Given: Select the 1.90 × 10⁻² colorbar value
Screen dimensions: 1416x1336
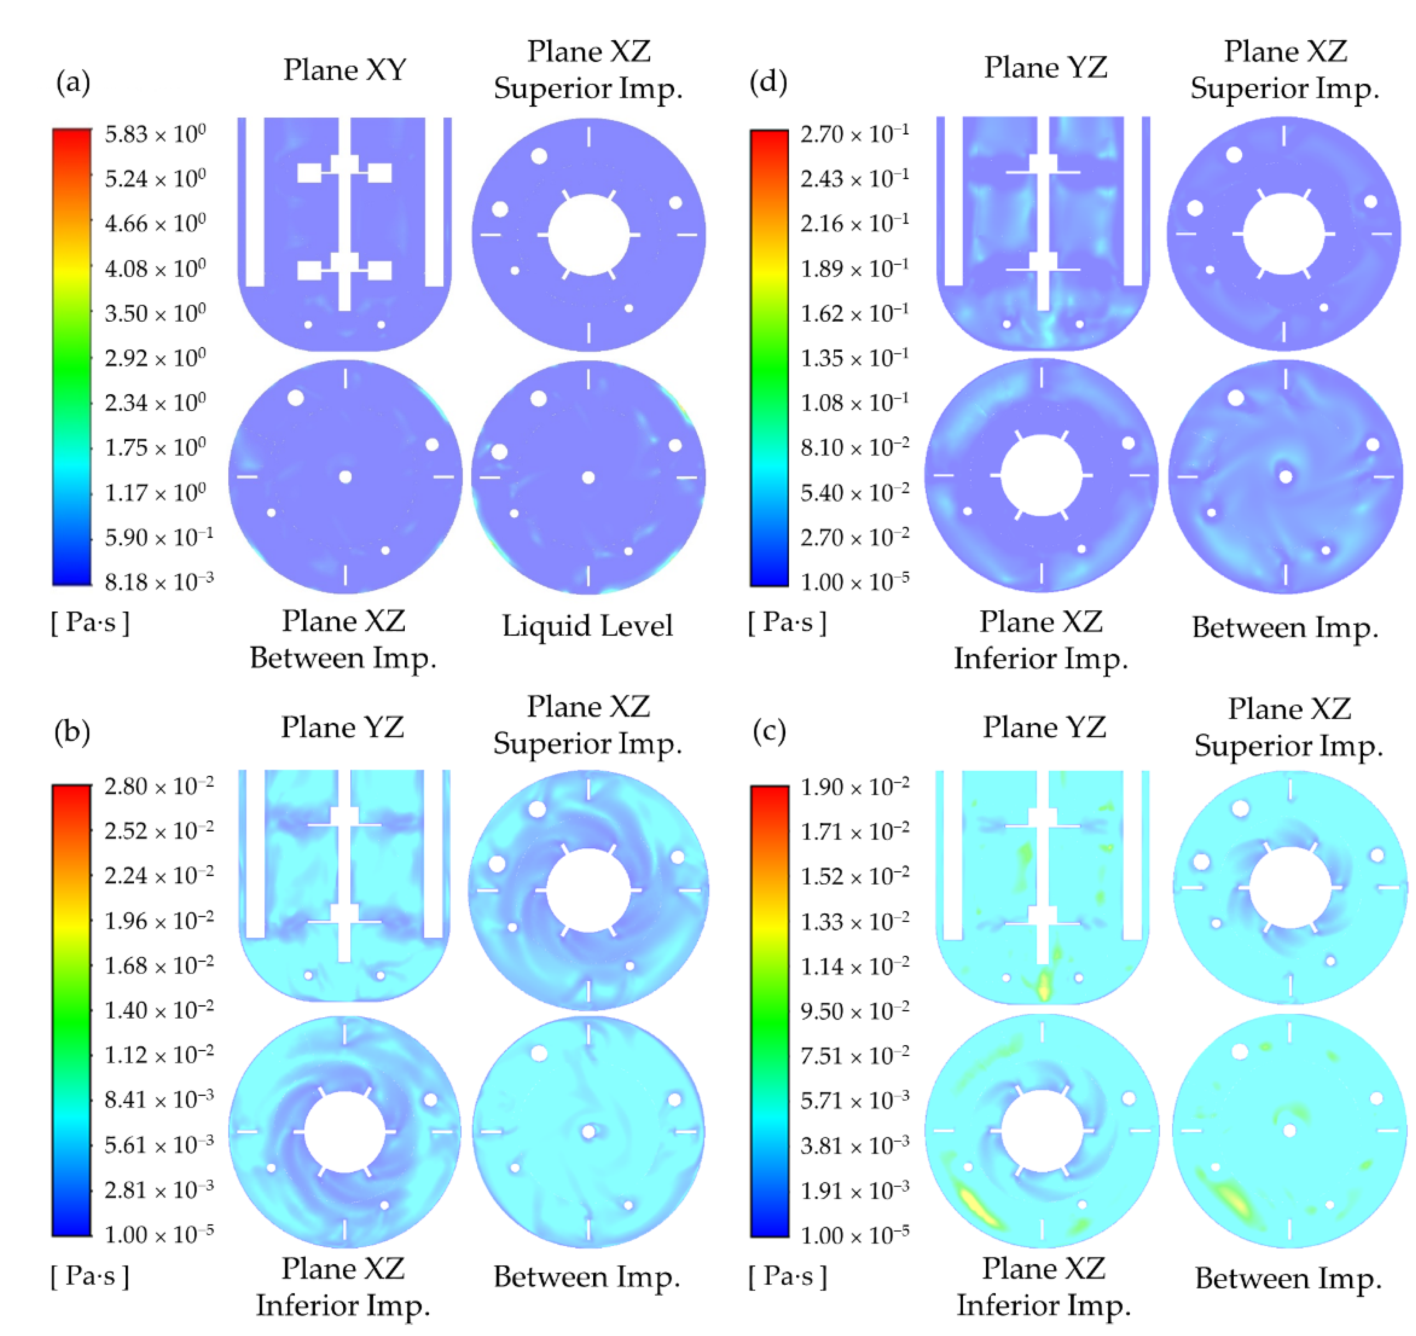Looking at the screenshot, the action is pyautogui.click(x=855, y=787).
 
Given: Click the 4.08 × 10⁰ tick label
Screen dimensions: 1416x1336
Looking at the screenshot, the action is pyautogui.click(x=155, y=269).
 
